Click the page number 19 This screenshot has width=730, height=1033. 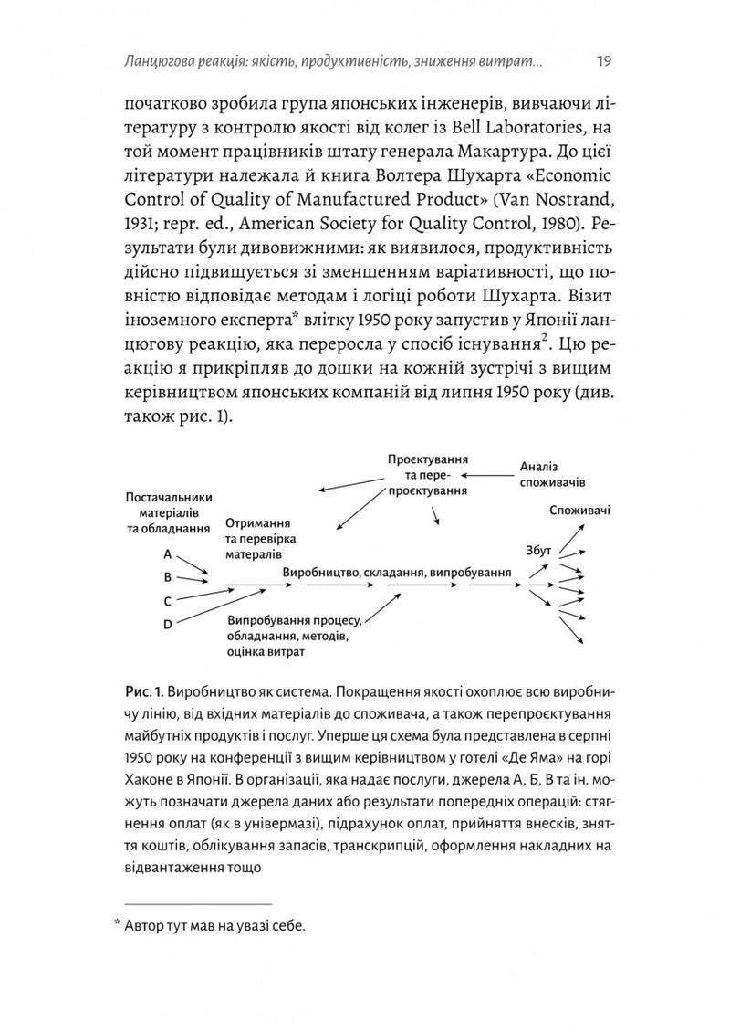pyautogui.click(x=603, y=62)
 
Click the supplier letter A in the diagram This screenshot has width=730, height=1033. pyautogui.click(x=167, y=554)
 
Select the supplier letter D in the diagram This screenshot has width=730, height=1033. pyautogui.click(x=167, y=624)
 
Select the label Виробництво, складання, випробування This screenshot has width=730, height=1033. pyautogui.click(x=396, y=571)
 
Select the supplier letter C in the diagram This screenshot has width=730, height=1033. pyautogui.click(x=167, y=601)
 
